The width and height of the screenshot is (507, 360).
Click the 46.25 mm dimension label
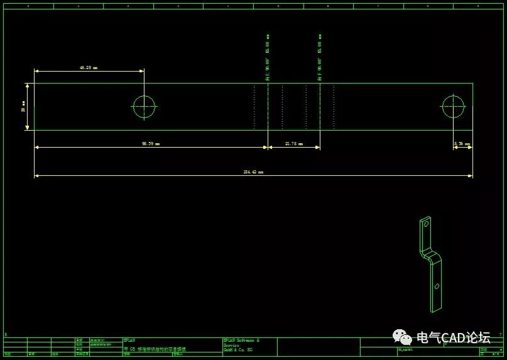click(x=89, y=67)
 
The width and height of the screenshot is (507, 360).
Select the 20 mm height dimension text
click(x=23, y=107)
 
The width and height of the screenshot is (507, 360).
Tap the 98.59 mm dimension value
click(x=151, y=144)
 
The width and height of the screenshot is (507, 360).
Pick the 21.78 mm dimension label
click(x=294, y=144)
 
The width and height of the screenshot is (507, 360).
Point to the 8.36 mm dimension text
click(x=462, y=144)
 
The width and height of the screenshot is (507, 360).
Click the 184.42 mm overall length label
click(x=253, y=172)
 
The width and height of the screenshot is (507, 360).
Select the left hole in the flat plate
click(x=144, y=107)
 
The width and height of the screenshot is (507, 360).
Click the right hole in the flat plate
click(x=453, y=107)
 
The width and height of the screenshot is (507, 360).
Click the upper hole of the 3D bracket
click(x=426, y=223)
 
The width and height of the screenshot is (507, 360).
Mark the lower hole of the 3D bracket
click(x=437, y=286)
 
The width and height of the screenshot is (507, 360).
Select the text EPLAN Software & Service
click(x=241, y=342)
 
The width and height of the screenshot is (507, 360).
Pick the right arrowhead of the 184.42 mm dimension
click(x=470, y=176)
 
